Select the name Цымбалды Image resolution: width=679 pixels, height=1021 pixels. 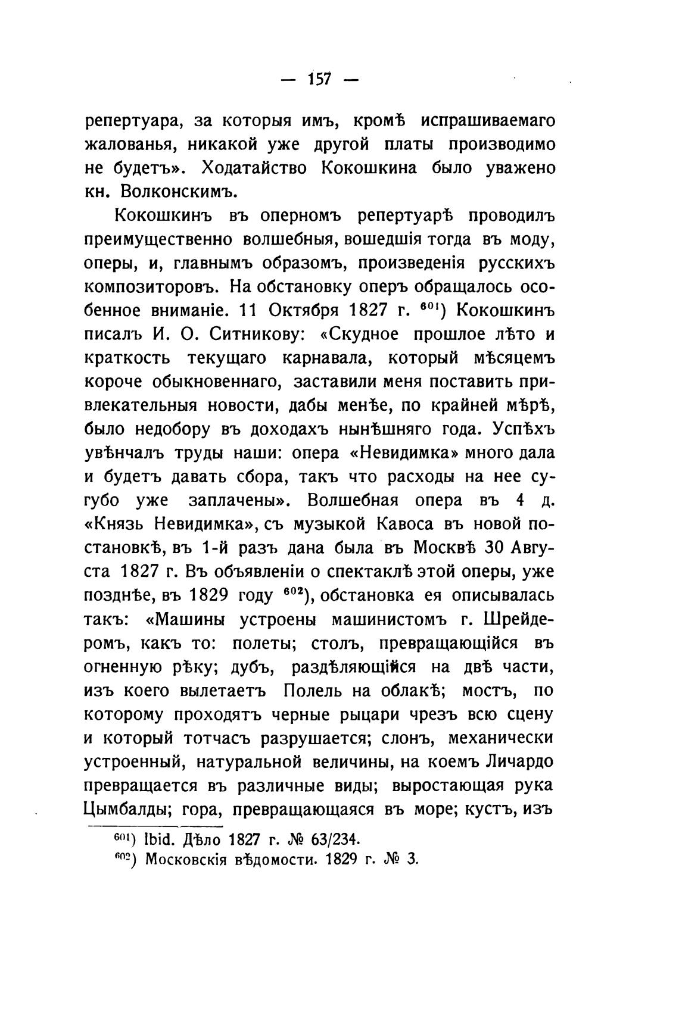pyautogui.click(x=123, y=810)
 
